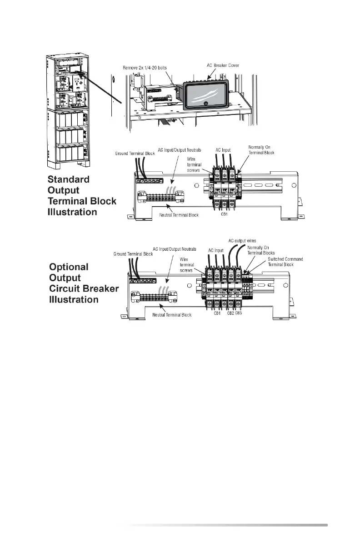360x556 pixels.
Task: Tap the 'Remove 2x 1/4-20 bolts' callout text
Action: pyautogui.click(x=147, y=67)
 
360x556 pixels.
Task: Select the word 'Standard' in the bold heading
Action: pyautogui.click(x=69, y=179)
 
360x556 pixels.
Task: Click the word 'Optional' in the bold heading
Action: pyautogui.click(x=69, y=267)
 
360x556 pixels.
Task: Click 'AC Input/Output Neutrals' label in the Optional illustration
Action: pyautogui.click(x=175, y=249)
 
